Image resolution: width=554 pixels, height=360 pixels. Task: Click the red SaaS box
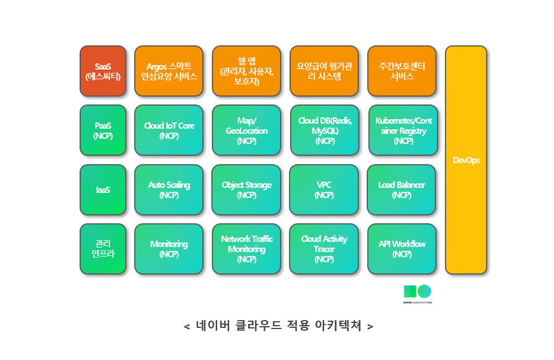[103, 71]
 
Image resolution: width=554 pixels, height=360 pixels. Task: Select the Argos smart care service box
[169, 71]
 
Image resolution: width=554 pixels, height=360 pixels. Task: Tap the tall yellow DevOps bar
[466, 160]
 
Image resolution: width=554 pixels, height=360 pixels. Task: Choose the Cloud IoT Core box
[169, 130]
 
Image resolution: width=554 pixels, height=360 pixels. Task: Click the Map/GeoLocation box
[247, 130]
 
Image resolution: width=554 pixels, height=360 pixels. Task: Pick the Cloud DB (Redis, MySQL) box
[325, 130]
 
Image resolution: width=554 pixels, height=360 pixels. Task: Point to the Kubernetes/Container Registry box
[403, 130]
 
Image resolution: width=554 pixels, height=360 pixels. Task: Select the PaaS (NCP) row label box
[103, 130]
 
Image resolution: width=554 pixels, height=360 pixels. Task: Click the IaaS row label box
[103, 190]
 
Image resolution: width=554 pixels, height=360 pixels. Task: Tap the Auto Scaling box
[169, 190]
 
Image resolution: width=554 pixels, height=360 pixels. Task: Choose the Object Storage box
[247, 190]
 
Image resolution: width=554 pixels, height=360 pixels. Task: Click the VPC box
[324, 190]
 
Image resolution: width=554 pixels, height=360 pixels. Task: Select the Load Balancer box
[401, 190]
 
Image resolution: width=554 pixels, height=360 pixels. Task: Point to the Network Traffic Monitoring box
[247, 249]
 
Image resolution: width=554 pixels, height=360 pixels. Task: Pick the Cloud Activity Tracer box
[324, 249]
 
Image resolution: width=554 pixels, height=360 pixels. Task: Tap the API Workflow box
[402, 249]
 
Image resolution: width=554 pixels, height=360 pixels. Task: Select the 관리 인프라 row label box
[103, 249]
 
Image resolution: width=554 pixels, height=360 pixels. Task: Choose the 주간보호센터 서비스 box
[402, 71]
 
